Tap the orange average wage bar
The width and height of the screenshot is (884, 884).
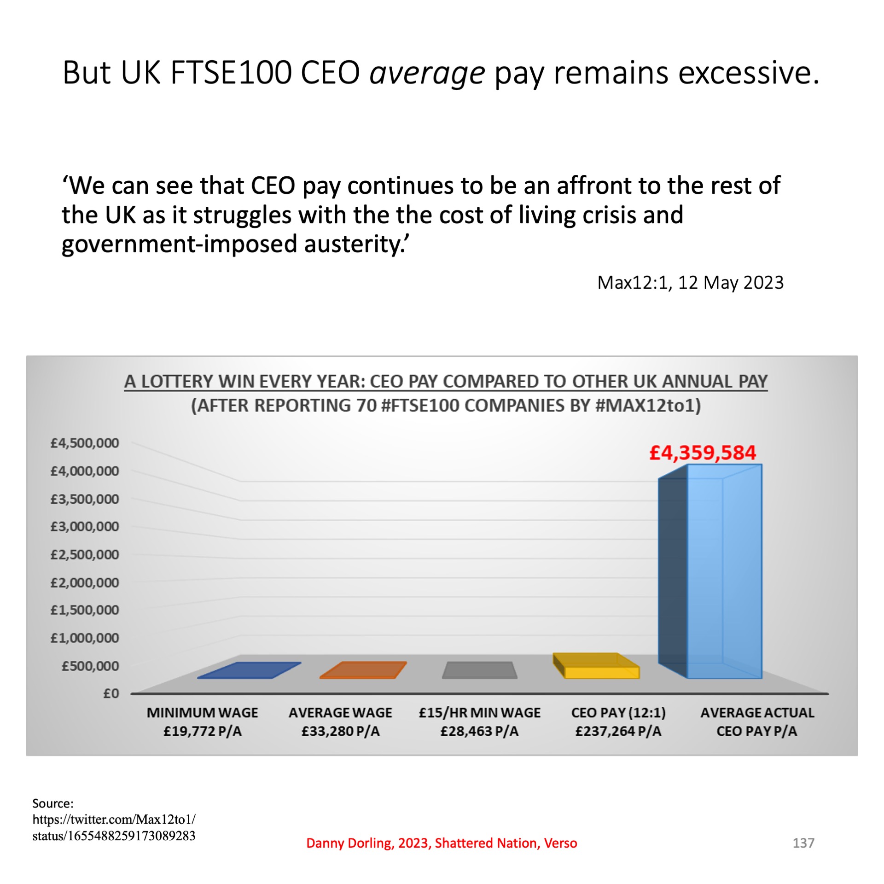click(363, 670)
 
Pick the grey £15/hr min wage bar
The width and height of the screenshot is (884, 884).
click(479, 670)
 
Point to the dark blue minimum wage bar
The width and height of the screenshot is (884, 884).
click(249, 670)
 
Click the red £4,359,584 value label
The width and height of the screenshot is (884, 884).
click(702, 453)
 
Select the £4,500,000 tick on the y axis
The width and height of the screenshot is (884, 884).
click(85, 443)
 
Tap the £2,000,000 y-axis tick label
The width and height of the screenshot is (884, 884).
click(85, 582)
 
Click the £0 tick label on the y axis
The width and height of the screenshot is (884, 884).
click(111, 693)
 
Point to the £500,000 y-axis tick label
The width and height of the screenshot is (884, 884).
click(90, 666)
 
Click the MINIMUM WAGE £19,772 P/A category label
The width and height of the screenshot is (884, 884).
click(203, 721)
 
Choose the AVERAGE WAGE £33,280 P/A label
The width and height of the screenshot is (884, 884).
click(340, 721)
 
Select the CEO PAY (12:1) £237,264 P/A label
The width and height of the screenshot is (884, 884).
click(618, 721)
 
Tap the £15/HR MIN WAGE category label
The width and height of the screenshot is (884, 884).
click(479, 721)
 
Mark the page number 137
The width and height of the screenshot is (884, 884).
click(803, 843)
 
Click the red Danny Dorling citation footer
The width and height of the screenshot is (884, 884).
click(442, 843)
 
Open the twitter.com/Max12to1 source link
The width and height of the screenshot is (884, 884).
click(114, 827)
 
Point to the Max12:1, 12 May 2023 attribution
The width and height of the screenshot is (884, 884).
click(690, 282)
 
